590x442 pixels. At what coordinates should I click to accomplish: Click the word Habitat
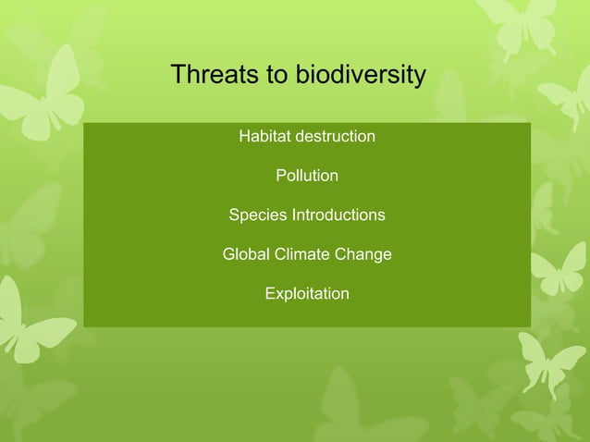tap(264, 137)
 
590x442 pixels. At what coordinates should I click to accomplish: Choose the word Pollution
tap(307, 176)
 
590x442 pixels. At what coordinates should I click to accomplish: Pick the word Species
tap(258, 215)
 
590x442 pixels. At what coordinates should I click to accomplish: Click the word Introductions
tap(338, 215)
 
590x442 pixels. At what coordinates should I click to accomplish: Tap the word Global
tap(246, 254)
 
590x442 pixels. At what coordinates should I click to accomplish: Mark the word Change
tap(366, 254)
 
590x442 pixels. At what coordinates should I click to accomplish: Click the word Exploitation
tap(307, 294)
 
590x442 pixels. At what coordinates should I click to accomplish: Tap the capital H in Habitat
tap(245, 137)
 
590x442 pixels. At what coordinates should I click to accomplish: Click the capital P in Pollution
tap(281, 176)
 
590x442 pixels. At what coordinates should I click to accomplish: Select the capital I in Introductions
tap(294, 215)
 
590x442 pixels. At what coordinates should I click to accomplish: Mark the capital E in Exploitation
tap(270, 294)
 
